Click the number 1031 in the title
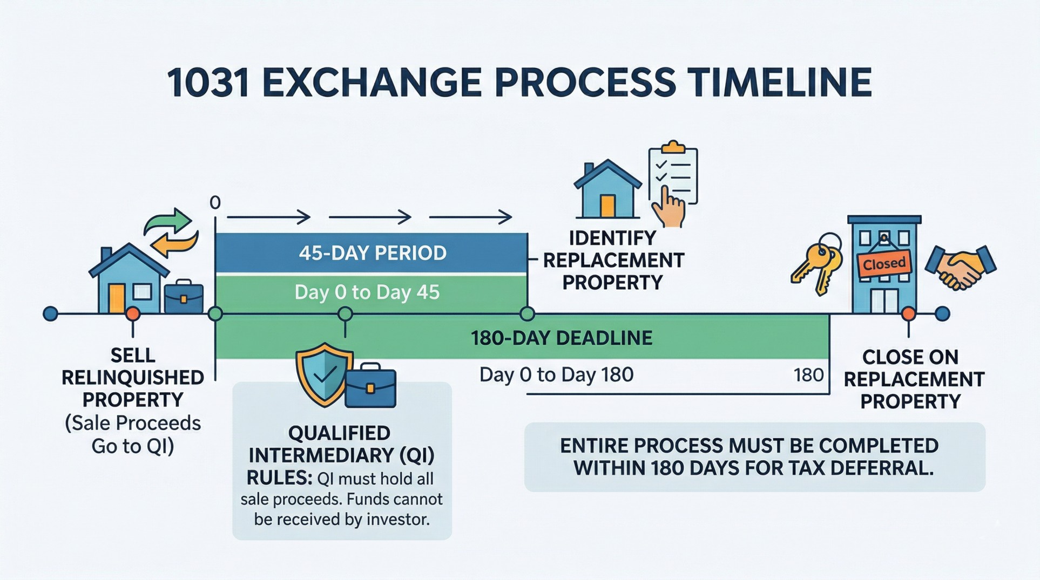[208, 83]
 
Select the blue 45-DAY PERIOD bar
[372, 253]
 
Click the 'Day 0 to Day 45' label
[367, 292]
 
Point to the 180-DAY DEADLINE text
[562, 338]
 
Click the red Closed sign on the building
[884, 264]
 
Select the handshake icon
[961, 268]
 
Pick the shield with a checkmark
[323, 374]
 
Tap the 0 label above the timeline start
[215, 203]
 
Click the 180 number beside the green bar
[808, 375]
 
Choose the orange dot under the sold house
[133, 313]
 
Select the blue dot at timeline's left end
[50, 313]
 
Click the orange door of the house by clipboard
[608, 206]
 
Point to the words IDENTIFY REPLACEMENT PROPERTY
[613, 260]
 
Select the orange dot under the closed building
[909, 313]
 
